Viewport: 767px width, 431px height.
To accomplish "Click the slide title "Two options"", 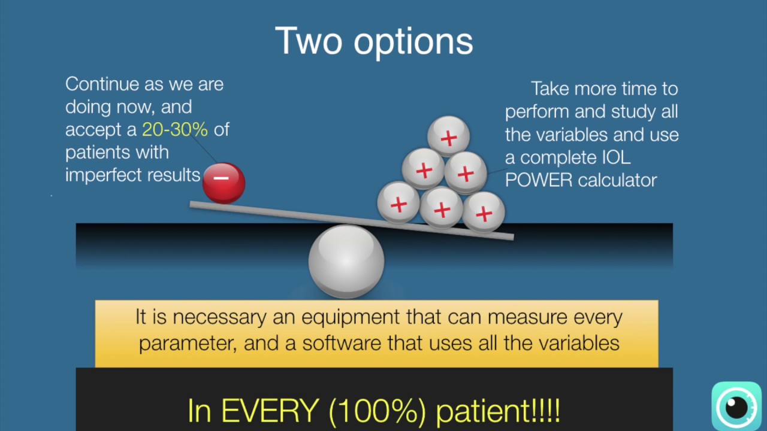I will tap(374, 41).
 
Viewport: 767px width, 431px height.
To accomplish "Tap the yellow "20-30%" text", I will tap(174, 129).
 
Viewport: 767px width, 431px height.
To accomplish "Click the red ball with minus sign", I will tap(224, 183).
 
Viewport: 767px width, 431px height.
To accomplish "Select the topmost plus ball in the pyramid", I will tap(448, 137).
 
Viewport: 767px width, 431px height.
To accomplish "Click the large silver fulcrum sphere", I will tap(346, 261).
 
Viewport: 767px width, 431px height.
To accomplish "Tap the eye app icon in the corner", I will tap(736, 406).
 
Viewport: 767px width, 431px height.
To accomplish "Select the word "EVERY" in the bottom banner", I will tap(271, 411).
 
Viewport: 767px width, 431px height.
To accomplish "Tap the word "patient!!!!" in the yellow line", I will tap(497, 411).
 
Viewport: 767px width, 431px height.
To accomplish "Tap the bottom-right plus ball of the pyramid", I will tap(483, 213).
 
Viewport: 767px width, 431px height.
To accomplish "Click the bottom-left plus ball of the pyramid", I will tap(398, 204).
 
